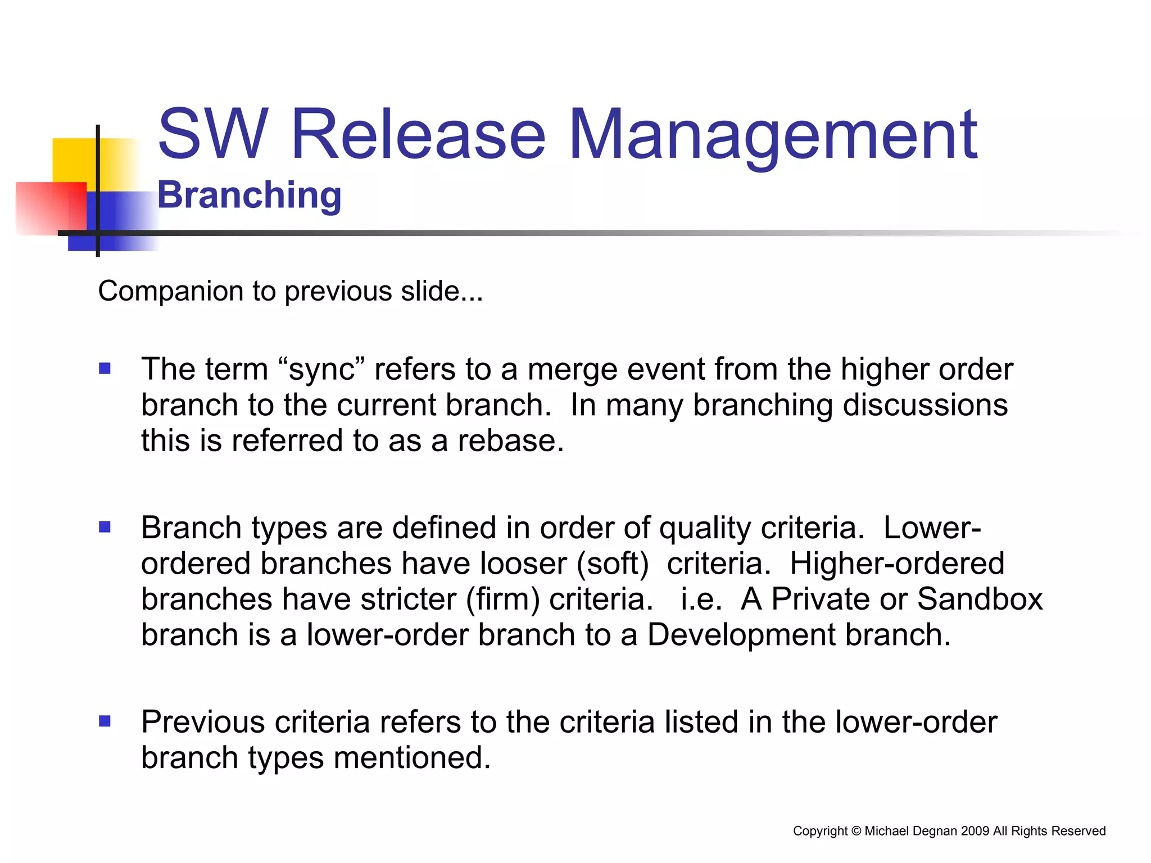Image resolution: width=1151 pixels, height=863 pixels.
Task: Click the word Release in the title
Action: [x=418, y=135]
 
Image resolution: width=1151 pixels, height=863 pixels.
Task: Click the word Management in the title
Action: [x=773, y=135]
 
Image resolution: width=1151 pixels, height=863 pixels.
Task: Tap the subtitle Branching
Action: [x=249, y=195]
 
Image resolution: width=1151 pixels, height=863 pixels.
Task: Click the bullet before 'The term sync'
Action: [x=105, y=369]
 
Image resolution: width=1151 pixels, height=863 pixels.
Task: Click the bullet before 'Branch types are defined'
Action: [x=105, y=527]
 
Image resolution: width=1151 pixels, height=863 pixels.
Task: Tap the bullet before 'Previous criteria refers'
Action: [x=105, y=721]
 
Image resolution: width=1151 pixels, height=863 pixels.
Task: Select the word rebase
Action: [x=509, y=440]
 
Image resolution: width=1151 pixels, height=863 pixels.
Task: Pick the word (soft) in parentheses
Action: [x=613, y=564]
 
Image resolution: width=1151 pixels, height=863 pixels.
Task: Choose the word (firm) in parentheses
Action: [x=502, y=599]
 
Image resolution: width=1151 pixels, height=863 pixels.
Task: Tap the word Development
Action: [x=741, y=635]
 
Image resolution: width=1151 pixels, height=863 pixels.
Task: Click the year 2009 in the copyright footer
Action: [x=975, y=831]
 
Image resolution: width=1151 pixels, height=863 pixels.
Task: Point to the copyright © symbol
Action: [x=856, y=831]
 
